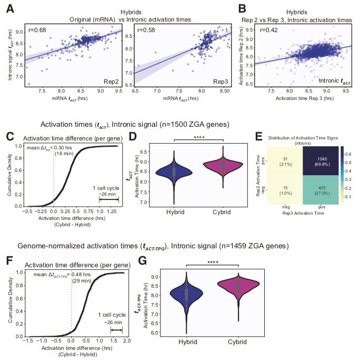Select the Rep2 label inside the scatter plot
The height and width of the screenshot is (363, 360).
104,82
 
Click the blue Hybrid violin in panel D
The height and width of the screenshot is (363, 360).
179,171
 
